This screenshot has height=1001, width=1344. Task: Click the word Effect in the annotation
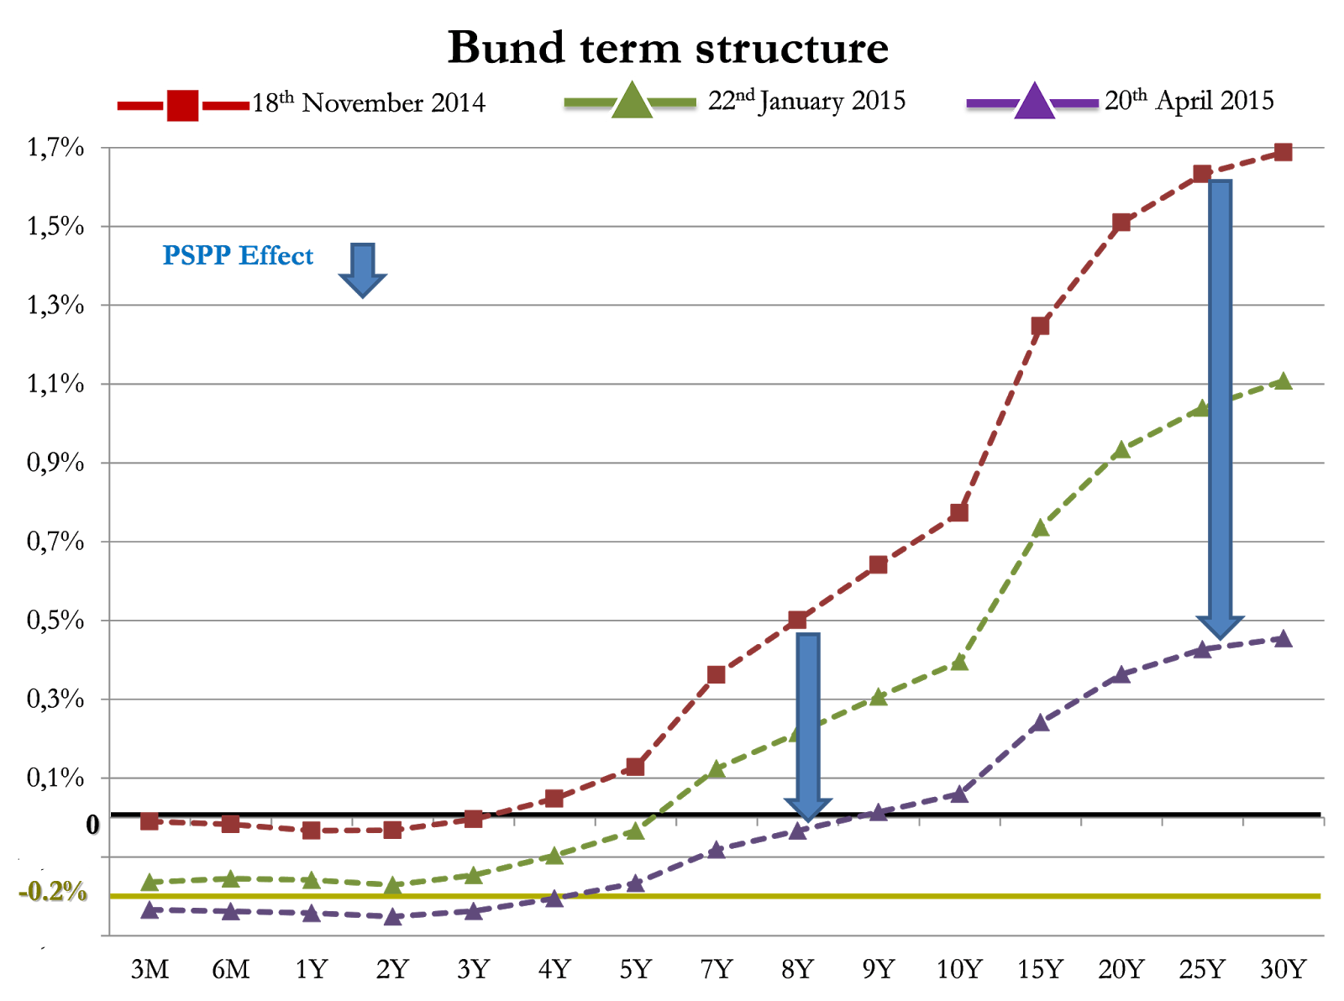(x=276, y=255)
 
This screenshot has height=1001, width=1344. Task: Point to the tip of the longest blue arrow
(x=1220, y=637)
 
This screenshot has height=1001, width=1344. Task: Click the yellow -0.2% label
(x=52, y=891)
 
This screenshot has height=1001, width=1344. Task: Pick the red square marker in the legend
(x=183, y=106)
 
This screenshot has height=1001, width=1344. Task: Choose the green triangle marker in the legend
(x=632, y=101)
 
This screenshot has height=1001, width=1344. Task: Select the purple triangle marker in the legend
(x=1034, y=101)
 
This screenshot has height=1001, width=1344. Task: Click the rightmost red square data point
(x=1283, y=152)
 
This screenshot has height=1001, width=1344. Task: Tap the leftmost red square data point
(x=150, y=820)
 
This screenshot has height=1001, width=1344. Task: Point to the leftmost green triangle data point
(x=150, y=882)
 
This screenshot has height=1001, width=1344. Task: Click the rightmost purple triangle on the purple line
(x=1283, y=639)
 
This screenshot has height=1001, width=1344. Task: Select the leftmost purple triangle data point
(x=150, y=910)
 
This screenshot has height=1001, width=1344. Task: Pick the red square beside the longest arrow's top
(x=1202, y=174)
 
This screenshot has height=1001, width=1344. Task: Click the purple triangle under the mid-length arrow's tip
(x=798, y=831)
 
